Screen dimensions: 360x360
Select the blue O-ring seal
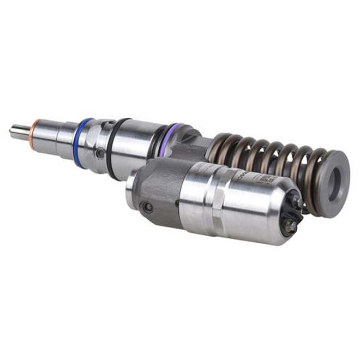(82, 143)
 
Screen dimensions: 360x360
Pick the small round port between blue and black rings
(100, 154)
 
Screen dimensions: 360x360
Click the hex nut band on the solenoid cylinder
(216, 205)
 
